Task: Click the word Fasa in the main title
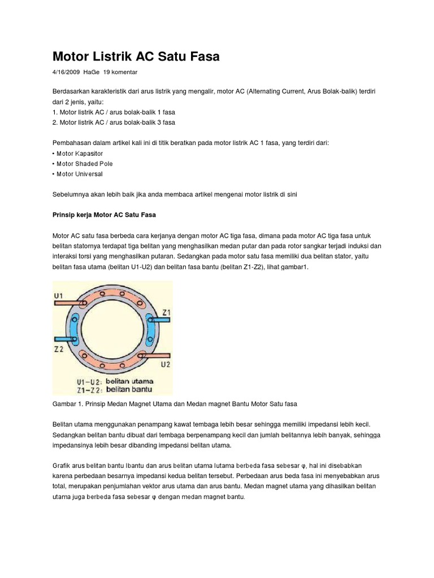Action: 202,56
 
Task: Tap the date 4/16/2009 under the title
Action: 66,73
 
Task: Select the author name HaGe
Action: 91,73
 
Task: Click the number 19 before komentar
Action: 107,73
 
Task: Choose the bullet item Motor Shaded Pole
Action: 84,164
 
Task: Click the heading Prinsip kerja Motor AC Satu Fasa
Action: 104,215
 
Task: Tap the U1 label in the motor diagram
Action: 59,294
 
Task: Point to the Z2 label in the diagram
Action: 59,349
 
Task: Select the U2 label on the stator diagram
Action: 165,365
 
